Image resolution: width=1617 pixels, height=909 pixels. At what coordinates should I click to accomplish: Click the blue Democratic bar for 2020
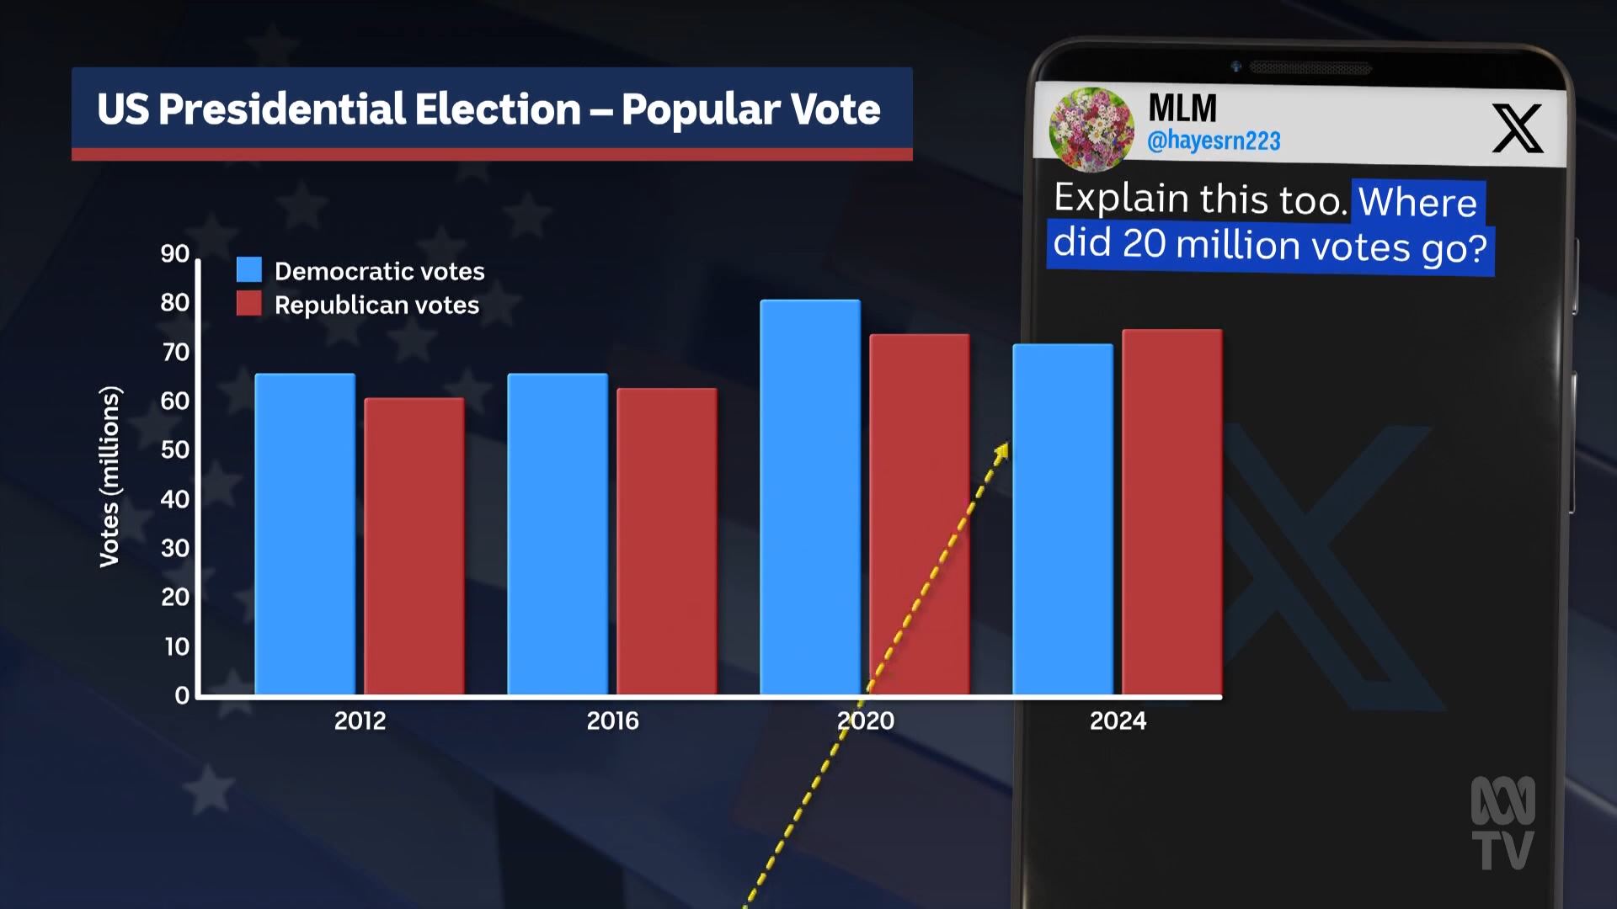click(x=810, y=497)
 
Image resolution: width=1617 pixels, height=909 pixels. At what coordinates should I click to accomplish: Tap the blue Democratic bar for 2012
click(x=305, y=534)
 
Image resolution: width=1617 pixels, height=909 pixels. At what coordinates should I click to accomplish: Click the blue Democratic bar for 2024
click(x=1062, y=518)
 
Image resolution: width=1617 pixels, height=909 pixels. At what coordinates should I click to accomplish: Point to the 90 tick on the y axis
click(x=175, y=253)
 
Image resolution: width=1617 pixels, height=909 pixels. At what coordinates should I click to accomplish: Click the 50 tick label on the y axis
click(x=175, y=450)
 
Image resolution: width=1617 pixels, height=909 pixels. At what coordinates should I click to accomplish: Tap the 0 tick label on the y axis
click(x=182, y=695)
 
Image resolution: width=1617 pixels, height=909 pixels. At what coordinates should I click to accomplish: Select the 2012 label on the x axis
click(x=360, y=721)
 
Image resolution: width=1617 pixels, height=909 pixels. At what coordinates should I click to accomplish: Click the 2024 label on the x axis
click(x=1118, y=721)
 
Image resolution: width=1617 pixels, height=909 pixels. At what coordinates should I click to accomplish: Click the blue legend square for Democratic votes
click(x=249, y=269)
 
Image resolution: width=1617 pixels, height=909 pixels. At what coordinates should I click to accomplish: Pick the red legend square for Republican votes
click(x=249, y=304)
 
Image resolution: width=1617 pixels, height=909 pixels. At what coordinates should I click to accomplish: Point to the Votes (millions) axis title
click(x=110, y=476)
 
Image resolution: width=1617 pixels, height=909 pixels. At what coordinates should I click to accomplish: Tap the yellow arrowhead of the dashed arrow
click(x=1001, y=453)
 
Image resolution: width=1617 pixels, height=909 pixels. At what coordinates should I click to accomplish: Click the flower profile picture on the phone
click(x=1091, y=129)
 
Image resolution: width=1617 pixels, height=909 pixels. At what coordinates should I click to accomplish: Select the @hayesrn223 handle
click(x=1214, y=141)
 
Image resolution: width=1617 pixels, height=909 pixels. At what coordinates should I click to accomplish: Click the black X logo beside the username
click(x=1517, y=128)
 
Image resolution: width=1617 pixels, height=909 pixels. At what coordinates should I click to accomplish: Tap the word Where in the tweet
click(x=1417, y=203)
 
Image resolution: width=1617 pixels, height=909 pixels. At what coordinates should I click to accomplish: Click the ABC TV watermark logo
click(x=1502, y=822)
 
